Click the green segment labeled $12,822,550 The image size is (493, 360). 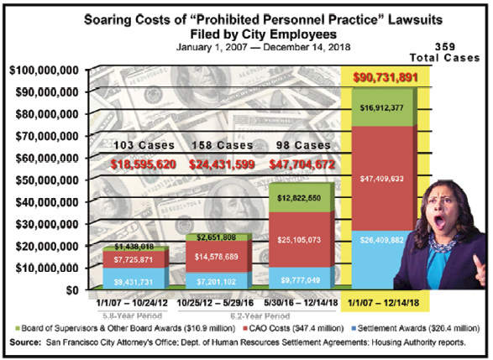pos(302,197)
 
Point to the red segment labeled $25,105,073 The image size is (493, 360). pos(302,240)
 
